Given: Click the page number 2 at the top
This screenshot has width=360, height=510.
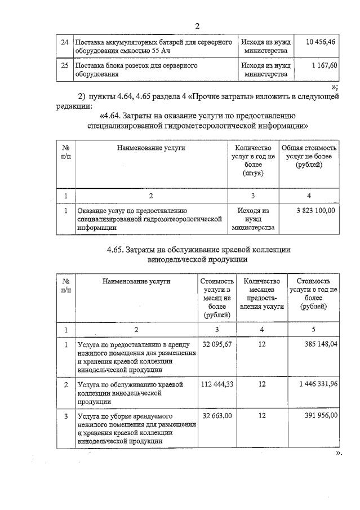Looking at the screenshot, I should click(x=197, y=26).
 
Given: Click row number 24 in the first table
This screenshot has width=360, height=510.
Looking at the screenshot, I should click(x=64, y=43).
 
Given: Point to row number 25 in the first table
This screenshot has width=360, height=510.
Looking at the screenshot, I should click(x=64, y=66).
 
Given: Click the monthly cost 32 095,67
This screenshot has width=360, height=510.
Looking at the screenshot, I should click(x=217, y=343).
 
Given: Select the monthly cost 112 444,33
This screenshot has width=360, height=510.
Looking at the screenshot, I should click(x=217, y=384).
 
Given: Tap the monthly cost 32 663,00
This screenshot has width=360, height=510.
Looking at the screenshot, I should click(x=217, y=415).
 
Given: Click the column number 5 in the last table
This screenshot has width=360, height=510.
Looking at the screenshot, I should click(x=313, y=329).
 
